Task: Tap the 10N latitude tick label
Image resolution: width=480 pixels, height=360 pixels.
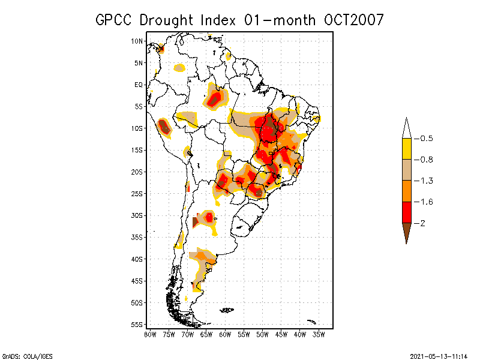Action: click(x=137, y=41)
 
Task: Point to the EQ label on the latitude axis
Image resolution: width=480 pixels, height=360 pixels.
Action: click(x=139, y=85)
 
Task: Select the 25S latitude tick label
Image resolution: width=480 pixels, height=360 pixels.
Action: click(x=137, y=194)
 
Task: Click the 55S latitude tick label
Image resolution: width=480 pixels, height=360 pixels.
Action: click(x=137, y=325)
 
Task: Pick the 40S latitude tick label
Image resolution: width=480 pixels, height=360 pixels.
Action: click(x=137, y=259)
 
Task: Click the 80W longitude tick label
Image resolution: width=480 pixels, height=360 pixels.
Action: click(x=150, y=334)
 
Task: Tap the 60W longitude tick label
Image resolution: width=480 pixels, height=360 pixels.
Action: click(x=225, y=334)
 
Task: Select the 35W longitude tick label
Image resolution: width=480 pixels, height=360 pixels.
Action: click(x=319, y=334)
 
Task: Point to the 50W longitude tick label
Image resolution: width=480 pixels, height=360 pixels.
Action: click(x=262, y=334)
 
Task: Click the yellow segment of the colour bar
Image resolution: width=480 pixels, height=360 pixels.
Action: click(x=406, y=149)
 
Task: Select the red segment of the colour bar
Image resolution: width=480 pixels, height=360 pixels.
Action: click(x=406, y=212)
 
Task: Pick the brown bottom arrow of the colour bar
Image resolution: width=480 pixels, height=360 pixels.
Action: click(x=406, y=231)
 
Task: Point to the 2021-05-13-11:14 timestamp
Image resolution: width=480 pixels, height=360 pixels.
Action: click(x=439, y=356)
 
